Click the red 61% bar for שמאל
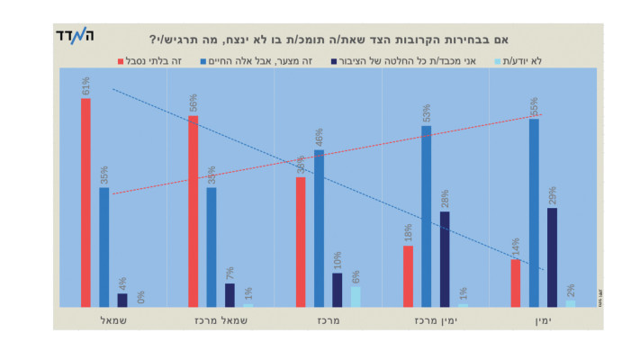tap(86, 202)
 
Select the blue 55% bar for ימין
tap(534, 212)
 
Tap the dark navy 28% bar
tap(445, 259)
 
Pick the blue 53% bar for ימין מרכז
tap(427, 216)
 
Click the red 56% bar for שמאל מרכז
tap(194, 211)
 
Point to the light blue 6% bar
tap(356, 296)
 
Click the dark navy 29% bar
tap(552, 257)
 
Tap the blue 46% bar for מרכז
tap(319, 229)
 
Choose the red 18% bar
tap(409, 276)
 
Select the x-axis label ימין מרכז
tap(435, 320)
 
